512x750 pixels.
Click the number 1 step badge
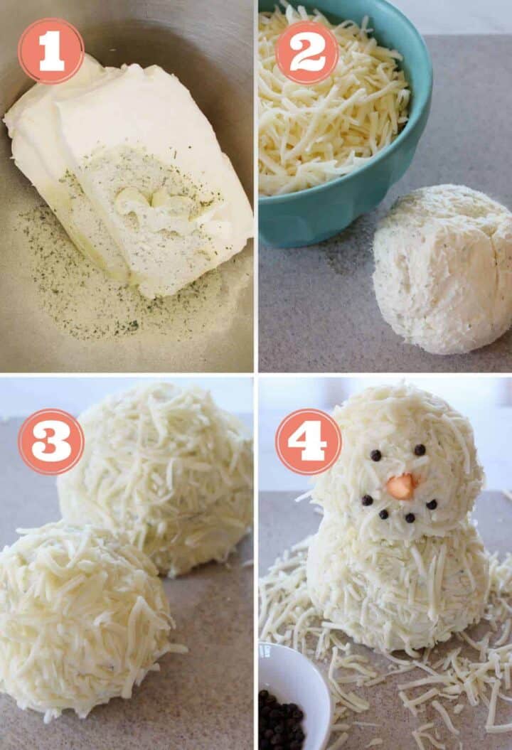click(x=50, y=50)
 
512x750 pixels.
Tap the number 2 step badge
click(x=306, y=52)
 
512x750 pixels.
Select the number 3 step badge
click(x=50, y=441)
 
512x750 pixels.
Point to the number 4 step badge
click(x=308, y=441)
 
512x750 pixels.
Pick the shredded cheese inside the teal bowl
click(x=327, y=107)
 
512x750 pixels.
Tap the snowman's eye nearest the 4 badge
click(x=375, y=455)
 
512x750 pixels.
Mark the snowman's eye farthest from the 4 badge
click(x=420, y=450)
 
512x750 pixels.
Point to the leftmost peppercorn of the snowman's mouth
click(x=367, y=500)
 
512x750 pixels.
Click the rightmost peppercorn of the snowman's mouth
click(x=431, y=504)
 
